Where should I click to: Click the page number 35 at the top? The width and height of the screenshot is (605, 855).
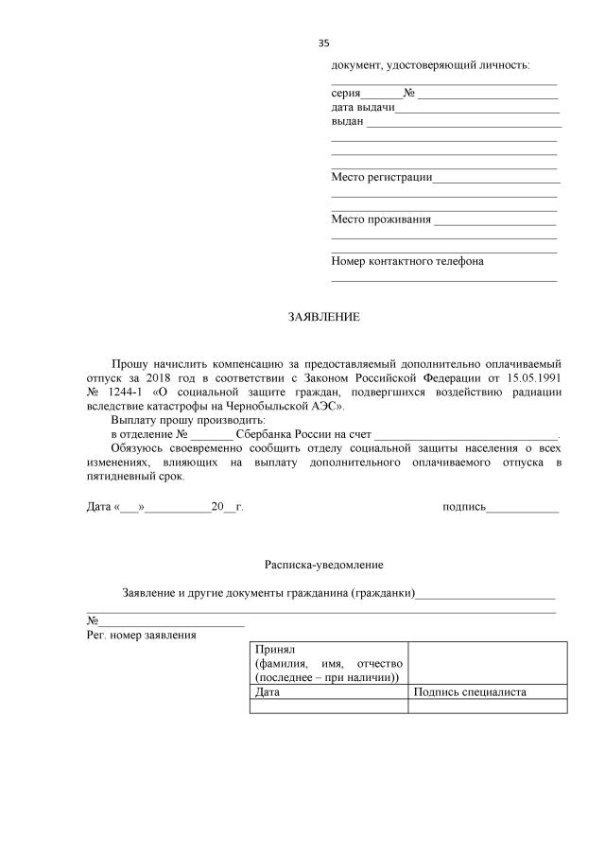(x=324, y=43)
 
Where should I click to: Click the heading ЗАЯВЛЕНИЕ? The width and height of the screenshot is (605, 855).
(x=324, y=317)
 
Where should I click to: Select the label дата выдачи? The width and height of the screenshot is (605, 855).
(x=363, y=108)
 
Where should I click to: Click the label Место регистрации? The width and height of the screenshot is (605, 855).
(x=381, y=177)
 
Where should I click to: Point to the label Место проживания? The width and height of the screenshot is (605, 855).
(x=380, y=219)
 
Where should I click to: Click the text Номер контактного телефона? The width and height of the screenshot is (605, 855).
(x=407, y=261)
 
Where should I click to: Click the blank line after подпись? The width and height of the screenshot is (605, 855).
(x=522, y=508)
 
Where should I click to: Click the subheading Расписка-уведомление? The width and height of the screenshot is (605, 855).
(x=323, y=565)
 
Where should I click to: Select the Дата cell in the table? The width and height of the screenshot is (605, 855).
(x=268, y=692)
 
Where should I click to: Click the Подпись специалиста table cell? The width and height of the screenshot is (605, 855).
(x=470, y=692)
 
